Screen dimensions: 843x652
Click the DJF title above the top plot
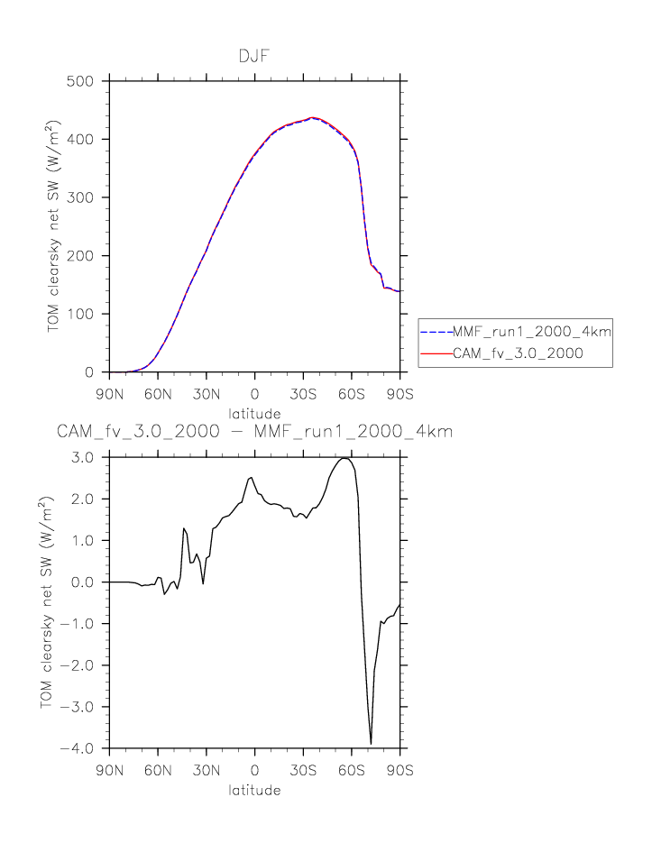[x=254, y=57]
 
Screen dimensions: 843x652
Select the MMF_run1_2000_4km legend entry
[x=516, y=332]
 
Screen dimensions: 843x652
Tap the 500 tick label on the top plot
[x=83, y=81]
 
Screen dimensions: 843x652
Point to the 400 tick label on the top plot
[x=83, y=139]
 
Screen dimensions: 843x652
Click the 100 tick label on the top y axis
[x=83, y=314]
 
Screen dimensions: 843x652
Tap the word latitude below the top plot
[x=254, y=414]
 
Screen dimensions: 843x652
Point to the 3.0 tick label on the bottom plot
[x=85, y=457]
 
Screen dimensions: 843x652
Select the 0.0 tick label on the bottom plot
[x=85, y=582]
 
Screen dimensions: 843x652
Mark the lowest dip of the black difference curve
[x=371, y=743]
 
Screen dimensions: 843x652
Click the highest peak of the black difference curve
[x=344, y=458]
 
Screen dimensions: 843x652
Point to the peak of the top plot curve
[x=312, y=117]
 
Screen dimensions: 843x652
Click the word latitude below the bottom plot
[x=254, y=791]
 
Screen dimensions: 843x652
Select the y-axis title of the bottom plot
[x=47, y=602]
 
